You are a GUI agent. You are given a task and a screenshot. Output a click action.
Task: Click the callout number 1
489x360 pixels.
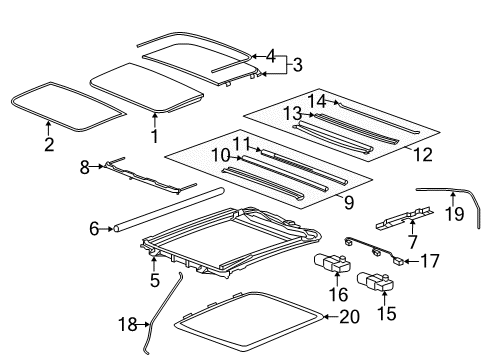point(155,135)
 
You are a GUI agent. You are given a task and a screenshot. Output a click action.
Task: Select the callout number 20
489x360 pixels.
point(347,318)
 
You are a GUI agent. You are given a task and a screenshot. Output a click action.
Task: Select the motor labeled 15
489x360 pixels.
point(382,286)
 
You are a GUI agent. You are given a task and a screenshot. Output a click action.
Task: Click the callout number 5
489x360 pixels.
point(155,282)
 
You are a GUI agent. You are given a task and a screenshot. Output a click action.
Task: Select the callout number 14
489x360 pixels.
point(317,102)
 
